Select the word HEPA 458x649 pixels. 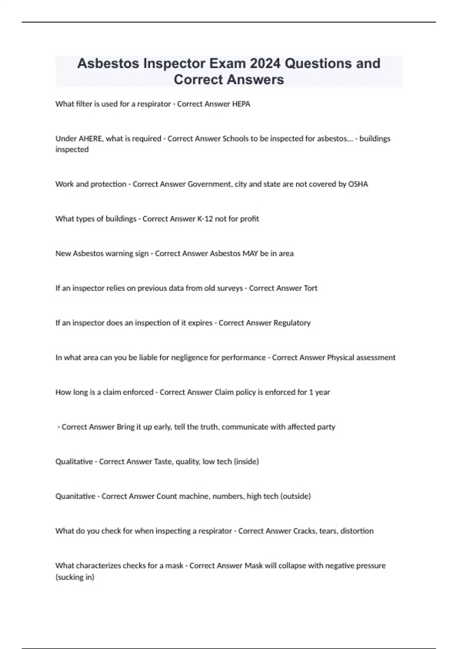coord(241,104)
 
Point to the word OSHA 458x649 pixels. coord(358,184)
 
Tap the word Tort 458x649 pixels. coord(310,288)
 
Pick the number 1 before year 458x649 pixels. coord(311,392)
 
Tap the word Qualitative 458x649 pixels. coord(74,462)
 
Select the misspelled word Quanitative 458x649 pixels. coord(75,496)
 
